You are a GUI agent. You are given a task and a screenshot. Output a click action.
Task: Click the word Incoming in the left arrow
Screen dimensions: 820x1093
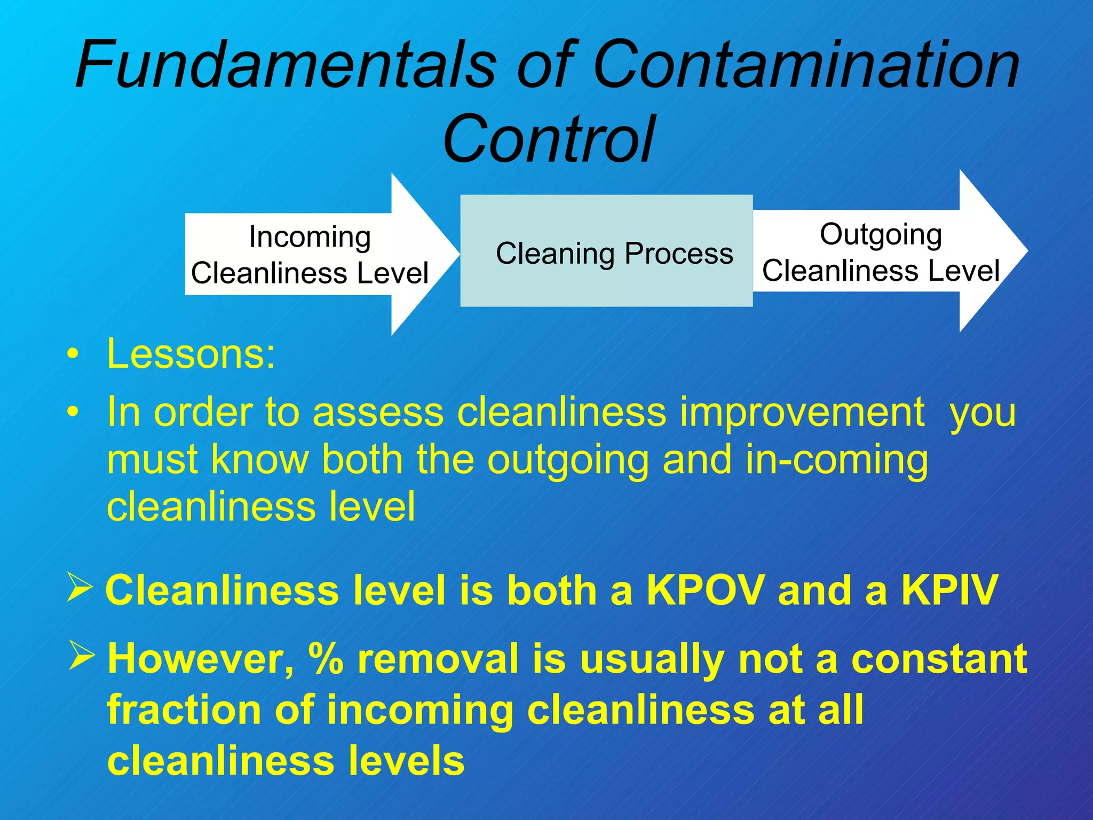[x=310, y=236]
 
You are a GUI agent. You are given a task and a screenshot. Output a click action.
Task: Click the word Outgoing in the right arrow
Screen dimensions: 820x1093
[x=881, y=234]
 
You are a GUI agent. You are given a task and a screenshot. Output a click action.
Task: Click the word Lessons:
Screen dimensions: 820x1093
[x=191, y=354]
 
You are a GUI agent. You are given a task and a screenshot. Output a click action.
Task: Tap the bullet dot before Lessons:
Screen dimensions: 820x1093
[x=73, y=354]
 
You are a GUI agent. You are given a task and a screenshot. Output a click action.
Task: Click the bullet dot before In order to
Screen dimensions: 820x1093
[x=73, y=412]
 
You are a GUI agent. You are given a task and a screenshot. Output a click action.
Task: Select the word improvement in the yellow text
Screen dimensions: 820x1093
[x=802, y=413]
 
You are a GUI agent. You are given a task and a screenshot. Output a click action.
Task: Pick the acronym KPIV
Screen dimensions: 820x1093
[x=949, y=590]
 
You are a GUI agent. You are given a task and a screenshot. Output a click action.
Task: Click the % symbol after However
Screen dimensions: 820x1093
[x=325, y=659]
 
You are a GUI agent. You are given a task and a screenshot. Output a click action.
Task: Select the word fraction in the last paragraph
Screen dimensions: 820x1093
[x=183, y=710]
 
